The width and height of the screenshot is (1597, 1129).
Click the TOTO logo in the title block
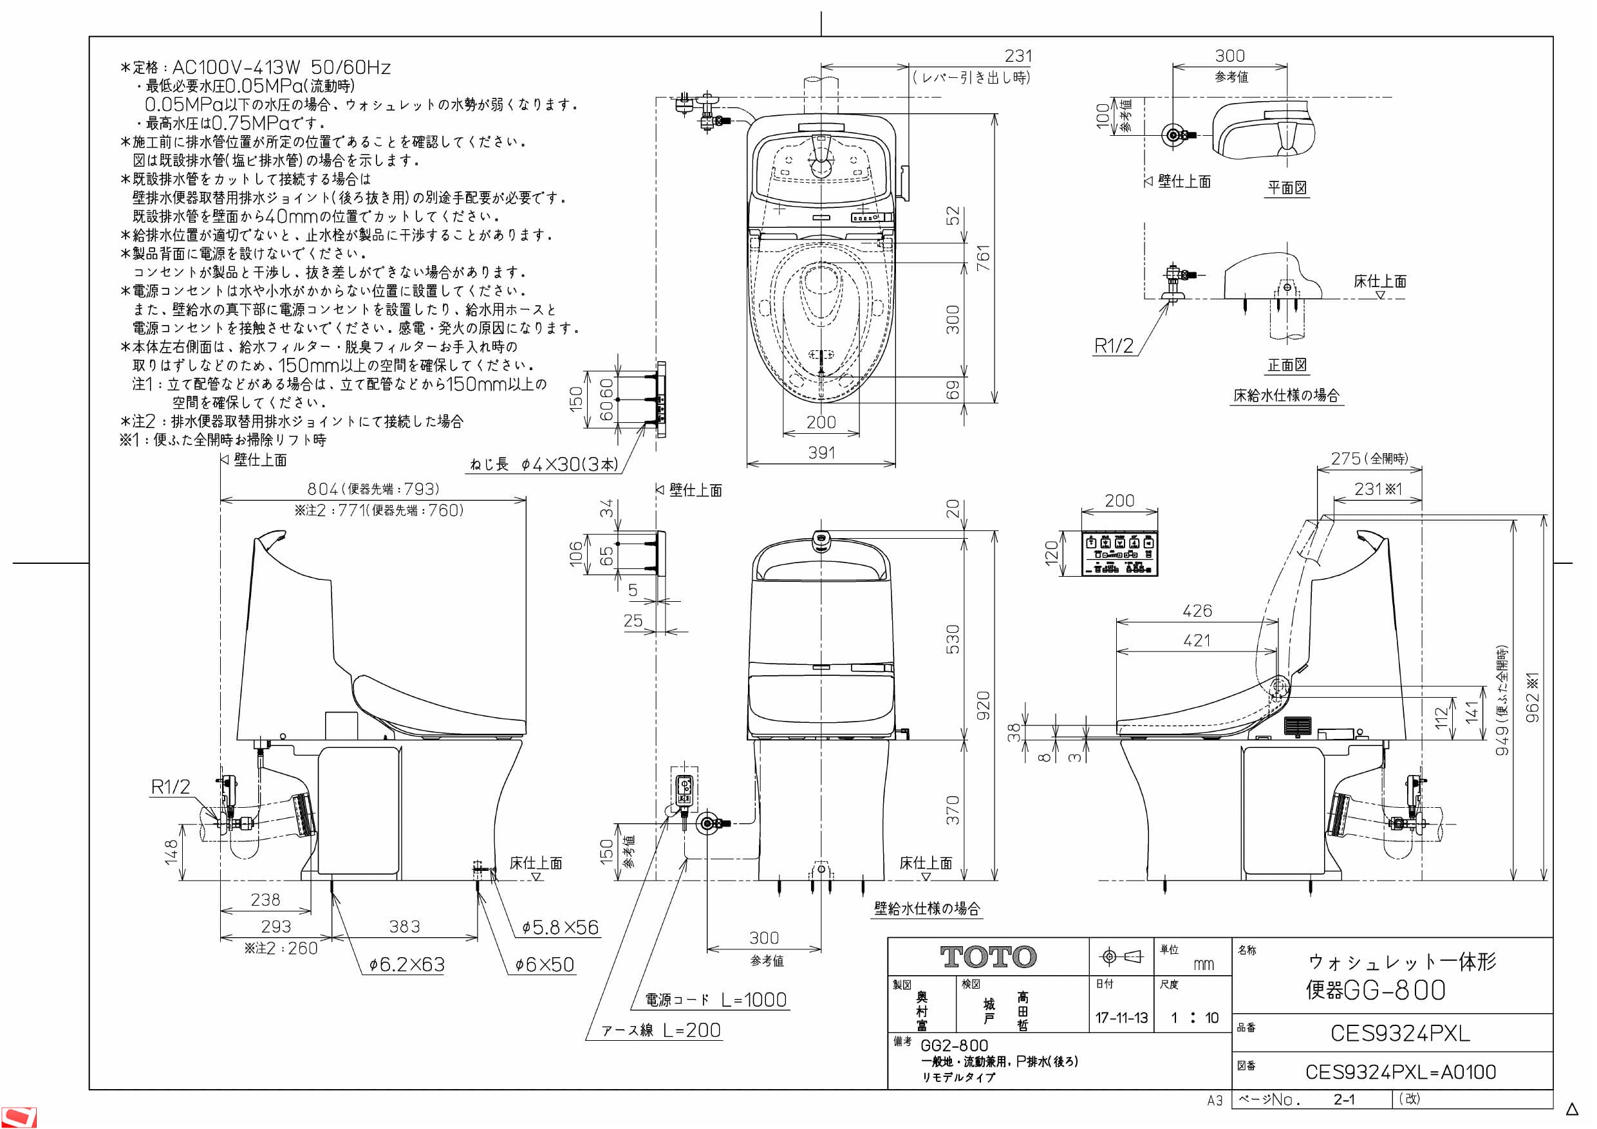[x=987, y=957]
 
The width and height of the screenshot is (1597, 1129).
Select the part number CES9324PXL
[x=1399, y=1033]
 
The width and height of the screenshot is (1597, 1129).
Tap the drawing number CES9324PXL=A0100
[x=1400, y=1072]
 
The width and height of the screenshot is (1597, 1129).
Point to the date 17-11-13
[x=1121, y=1018]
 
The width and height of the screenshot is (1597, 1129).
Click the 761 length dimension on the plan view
[x=983, y=258]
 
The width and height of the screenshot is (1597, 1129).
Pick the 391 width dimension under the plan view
[x=821, y=453]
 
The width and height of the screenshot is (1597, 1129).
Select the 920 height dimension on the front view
[x=983, y=705]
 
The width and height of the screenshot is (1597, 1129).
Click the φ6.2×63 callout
[x=407, y=965]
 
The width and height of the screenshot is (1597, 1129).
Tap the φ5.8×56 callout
[x=560, y=928]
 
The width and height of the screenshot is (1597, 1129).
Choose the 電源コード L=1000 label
[x=716, y=1000]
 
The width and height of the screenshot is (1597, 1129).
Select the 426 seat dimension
[x=1197, y=611]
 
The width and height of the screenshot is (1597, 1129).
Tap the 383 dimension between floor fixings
[x=405, y=927]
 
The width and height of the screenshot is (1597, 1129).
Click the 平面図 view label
[x=1287, y=188]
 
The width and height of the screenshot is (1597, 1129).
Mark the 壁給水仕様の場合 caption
[x=926, y=908]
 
